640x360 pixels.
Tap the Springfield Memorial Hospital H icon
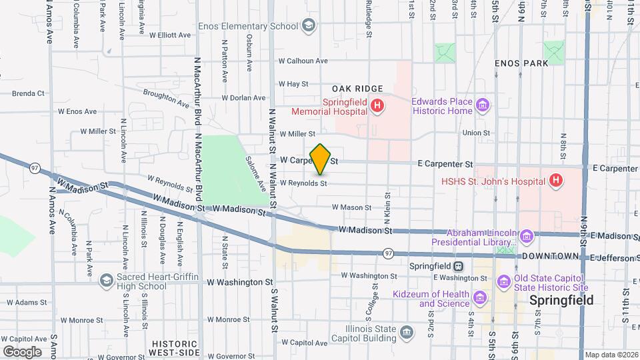[377, 105]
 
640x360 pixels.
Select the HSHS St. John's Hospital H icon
[555, 181]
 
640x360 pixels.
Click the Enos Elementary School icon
[308, 26]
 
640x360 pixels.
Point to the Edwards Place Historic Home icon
[483, 105]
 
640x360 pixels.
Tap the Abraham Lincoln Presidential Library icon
[527, 237]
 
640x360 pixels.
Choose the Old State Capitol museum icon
[504, 282]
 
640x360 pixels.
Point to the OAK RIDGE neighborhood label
[358, 89]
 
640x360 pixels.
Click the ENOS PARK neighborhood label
[521, 63]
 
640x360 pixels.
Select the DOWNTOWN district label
[549, 257]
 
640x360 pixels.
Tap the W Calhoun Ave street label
[303, 61]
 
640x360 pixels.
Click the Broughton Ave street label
[166, 99]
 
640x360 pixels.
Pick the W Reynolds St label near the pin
[303, 183]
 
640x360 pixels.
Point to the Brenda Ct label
[27, 93]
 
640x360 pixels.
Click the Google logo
[22, 351]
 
